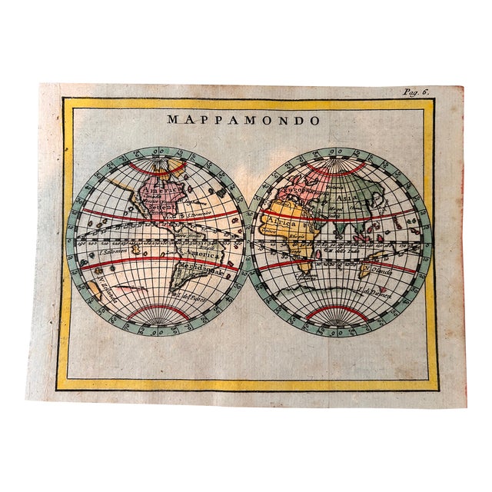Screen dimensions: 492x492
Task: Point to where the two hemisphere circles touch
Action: click(248, 240)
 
